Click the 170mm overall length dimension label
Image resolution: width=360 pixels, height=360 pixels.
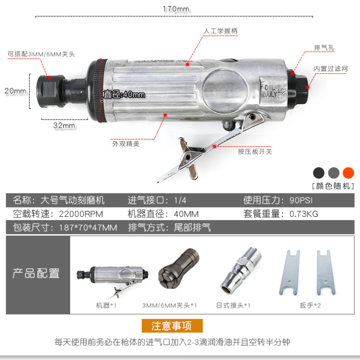[x=176, y=9]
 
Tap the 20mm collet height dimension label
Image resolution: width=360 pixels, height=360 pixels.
[x=15, y=91]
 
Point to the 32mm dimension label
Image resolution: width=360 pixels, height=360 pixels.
[x=64, y=126]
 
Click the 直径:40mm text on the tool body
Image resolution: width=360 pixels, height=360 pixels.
[x=124, y=94]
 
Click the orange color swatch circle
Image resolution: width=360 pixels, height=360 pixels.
[x=348, y=173]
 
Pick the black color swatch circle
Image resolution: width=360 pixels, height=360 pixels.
[x=319, y=173]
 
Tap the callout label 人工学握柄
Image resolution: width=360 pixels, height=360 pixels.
[x=220, y=31]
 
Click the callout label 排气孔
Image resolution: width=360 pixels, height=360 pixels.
[x=324, y=48]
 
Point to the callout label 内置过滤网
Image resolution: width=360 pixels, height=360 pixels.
[x=331, y=69]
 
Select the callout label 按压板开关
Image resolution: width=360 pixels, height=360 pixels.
[x=255, y=152]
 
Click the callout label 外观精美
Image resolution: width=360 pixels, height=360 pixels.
[x=126, y=144]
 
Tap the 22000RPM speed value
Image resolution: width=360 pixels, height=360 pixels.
[x=81, y=214]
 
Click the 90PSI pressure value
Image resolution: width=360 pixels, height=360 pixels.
[x=301, y=200]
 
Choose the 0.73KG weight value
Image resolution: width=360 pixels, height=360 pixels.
[x=304, y=214]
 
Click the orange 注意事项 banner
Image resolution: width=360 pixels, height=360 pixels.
[x=172, y=325]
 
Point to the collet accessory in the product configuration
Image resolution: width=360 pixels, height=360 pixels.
[x=178, y=269]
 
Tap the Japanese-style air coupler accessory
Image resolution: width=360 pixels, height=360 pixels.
[x=241, y=270]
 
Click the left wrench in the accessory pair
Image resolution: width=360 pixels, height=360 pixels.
[x=290, y=272]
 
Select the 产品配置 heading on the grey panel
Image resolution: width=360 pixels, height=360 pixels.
[x=36, y=273]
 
